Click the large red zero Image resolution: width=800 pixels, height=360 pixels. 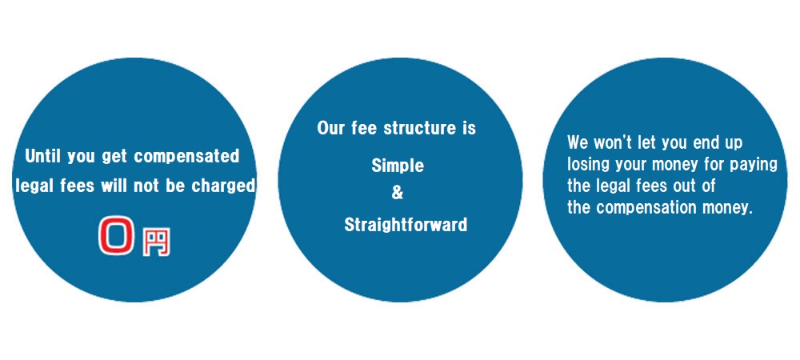[117, 235]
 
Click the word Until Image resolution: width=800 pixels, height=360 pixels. [42, 156]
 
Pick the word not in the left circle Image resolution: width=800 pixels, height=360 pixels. [146, 186]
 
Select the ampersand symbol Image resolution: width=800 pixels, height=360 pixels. [397, 194]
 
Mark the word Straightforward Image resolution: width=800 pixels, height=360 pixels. [406, 224]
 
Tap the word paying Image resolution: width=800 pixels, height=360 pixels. [754, 166]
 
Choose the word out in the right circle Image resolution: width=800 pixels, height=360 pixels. [682, 186]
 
